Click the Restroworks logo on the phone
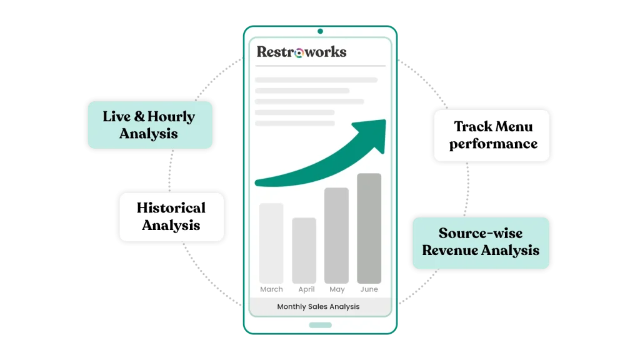301,52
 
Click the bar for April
304,250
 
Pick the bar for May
336,235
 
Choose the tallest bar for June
369,228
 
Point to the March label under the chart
271,289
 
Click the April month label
306,289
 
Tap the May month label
337,289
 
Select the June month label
369,289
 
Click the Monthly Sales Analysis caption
318,307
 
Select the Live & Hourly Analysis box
149,125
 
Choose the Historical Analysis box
171,216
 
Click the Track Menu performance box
492,136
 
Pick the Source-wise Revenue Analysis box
481,242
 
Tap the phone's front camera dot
320,31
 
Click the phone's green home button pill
320,325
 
